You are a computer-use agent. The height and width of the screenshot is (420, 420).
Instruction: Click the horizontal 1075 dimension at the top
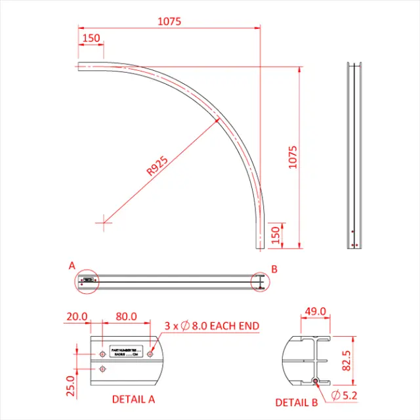169,21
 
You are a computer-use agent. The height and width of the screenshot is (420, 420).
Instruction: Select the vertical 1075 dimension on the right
293,157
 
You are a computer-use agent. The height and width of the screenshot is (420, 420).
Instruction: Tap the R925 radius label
157,167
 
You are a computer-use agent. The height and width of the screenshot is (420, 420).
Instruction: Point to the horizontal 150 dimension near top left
91,38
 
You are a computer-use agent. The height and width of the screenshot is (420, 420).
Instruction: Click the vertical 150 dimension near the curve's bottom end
276,234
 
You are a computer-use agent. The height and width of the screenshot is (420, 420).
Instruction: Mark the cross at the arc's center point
104,222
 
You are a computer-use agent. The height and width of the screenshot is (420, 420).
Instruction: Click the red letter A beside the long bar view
72,266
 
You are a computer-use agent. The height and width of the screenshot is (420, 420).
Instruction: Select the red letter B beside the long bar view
274,268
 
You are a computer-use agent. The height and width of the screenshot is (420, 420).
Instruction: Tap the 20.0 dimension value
77,316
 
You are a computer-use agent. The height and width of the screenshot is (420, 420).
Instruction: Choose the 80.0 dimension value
125,316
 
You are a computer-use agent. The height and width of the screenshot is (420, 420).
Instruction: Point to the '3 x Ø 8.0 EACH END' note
211,325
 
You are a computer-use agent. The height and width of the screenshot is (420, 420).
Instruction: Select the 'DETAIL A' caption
133,398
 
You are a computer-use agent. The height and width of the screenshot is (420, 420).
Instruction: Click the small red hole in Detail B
316,381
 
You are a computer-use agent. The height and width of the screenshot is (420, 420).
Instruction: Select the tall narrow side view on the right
354,156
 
